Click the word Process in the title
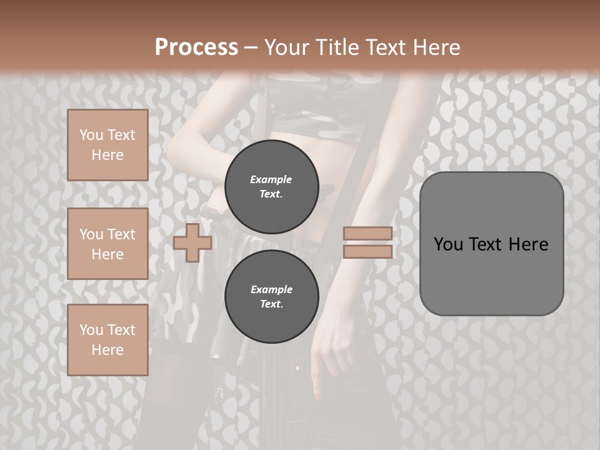click(196, 47)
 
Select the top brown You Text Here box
click(107, 145)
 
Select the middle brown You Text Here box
click(107, 244)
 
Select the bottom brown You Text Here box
click(107, 340)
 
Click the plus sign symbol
click(192, 242)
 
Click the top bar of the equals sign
click(367, 234)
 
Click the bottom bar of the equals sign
click(367, 252)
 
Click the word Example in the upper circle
click(271, 179)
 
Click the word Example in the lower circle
click(271, 289)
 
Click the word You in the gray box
click(448, 244)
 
